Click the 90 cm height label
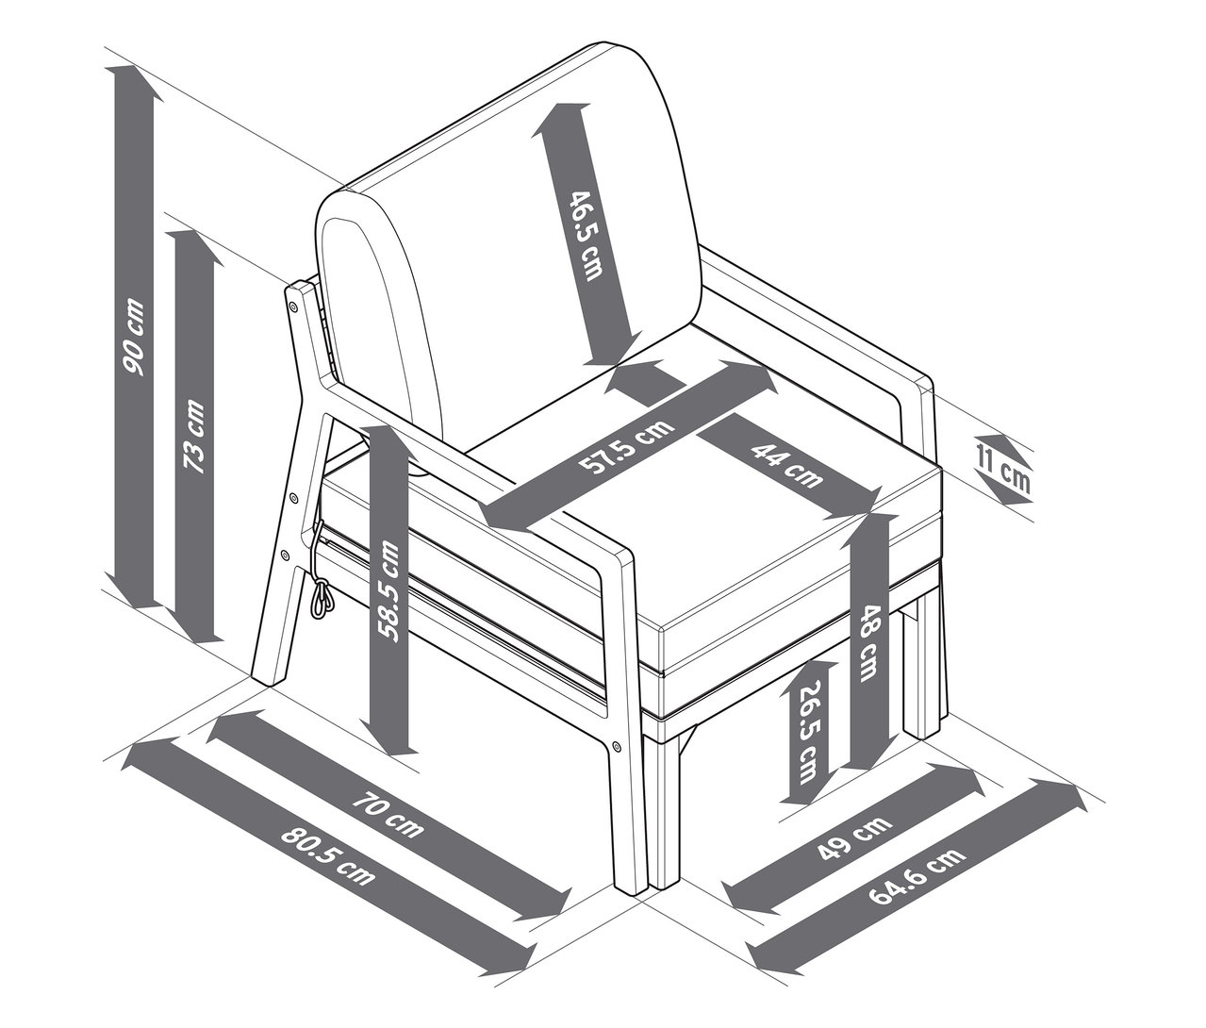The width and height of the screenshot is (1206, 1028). [x=133, y=337]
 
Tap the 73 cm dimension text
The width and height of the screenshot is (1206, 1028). [x=195, y=436]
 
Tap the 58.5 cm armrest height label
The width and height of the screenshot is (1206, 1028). [x=388, y=591]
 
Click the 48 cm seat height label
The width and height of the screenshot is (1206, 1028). [x=869, y=642]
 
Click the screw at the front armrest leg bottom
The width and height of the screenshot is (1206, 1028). [x=616, y=746]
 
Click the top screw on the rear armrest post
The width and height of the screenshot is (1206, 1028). [x=290, y=306]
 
